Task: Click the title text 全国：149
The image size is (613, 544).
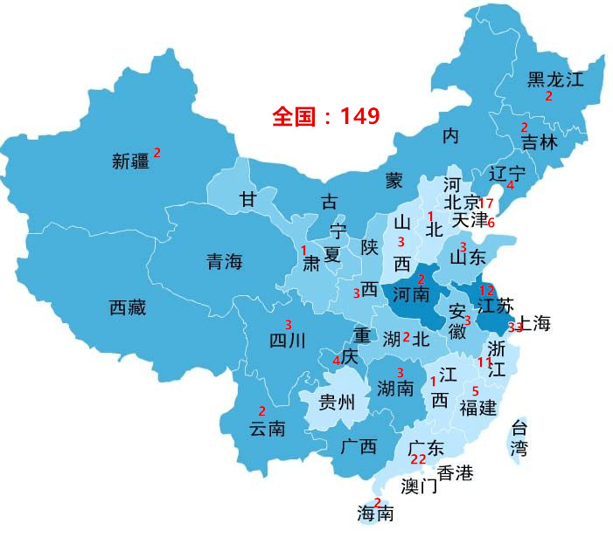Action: [325, 116]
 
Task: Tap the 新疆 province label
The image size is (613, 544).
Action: [131, 161]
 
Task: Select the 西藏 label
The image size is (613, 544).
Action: [128, 307]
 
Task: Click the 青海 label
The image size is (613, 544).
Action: [224, 261]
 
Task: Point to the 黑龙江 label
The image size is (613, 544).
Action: [554, 79]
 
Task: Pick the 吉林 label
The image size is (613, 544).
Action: [539, 142]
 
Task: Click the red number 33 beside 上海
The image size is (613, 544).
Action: [515, 327]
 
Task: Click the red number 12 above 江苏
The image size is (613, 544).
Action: [487, 291]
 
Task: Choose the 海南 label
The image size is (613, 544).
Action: [375, 514]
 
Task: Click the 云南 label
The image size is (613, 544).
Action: [268, 429]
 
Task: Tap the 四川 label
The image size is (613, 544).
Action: [287, 341]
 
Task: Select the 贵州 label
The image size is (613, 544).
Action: [337, 403]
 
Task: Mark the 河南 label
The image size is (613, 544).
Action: [411, 293]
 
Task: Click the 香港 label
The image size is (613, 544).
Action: [455, 473]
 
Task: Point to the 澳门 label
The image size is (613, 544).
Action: [420, 485]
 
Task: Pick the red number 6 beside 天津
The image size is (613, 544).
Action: [491, 222]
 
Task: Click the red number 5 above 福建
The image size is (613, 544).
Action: [476, 390]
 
